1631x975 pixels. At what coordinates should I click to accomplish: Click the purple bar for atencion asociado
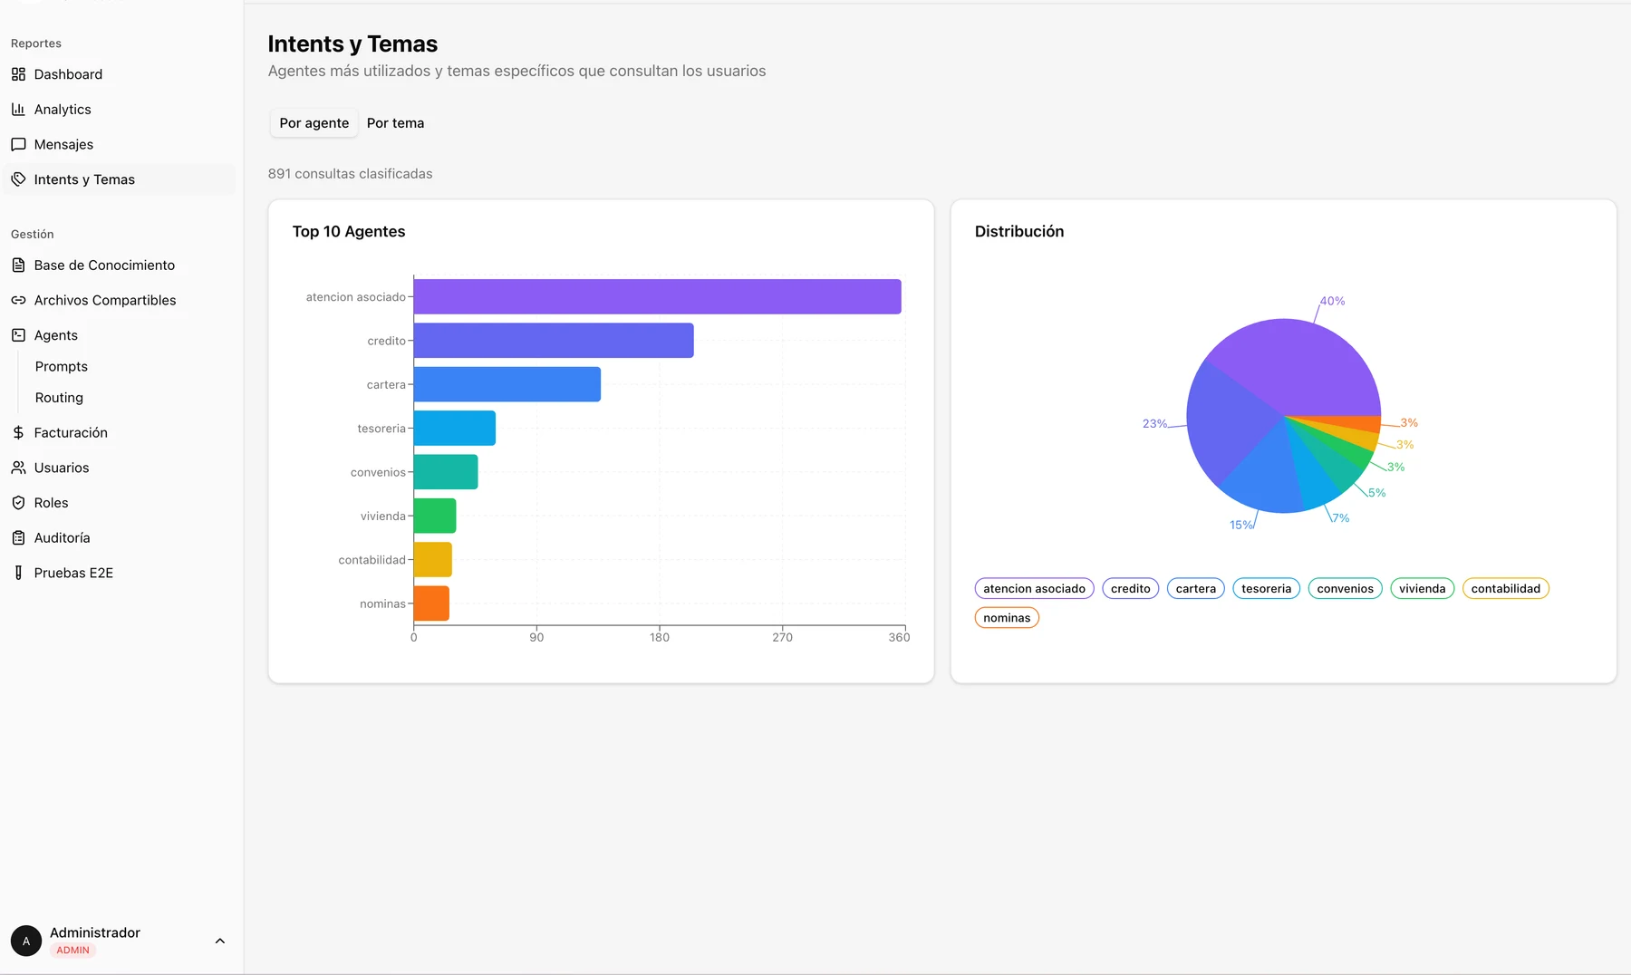[x=657, y=296]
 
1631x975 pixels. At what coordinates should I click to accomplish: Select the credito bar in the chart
[x=554, y=341]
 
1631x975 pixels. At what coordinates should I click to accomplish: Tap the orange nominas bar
[x=431, y=603]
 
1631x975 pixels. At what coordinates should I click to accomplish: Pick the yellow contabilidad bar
[x=432, y=560]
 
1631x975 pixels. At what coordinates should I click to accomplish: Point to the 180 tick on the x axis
[x=660, y=637]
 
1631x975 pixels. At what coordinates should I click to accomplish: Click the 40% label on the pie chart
[x=1332, y=301]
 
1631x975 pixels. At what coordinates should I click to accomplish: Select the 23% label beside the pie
[x=1154, y=423]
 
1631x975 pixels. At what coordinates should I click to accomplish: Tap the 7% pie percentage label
[x=1340, y=518]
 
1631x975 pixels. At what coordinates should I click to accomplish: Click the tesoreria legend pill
[x=1266, y=589]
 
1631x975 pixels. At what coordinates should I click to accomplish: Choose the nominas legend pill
[x=1007, y=618]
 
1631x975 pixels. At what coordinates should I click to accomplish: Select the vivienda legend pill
[x=1422, y=589]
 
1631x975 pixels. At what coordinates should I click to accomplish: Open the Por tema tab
[x=395, y=123]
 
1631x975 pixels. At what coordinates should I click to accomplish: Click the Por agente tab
[x=314, y=123]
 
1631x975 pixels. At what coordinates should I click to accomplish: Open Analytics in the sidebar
[x=63, y=110]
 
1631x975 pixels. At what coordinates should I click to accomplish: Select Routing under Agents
[x=59, y=398]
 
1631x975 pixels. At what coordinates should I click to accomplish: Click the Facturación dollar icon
[x=18, y=433]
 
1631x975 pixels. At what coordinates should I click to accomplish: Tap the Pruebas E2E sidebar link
[x=73, y=573]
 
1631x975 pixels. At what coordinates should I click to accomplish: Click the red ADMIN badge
[x=72, y=951]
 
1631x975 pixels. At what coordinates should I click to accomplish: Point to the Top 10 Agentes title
[x=349, y=232]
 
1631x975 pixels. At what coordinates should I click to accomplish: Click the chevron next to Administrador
[x=219, y=941]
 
